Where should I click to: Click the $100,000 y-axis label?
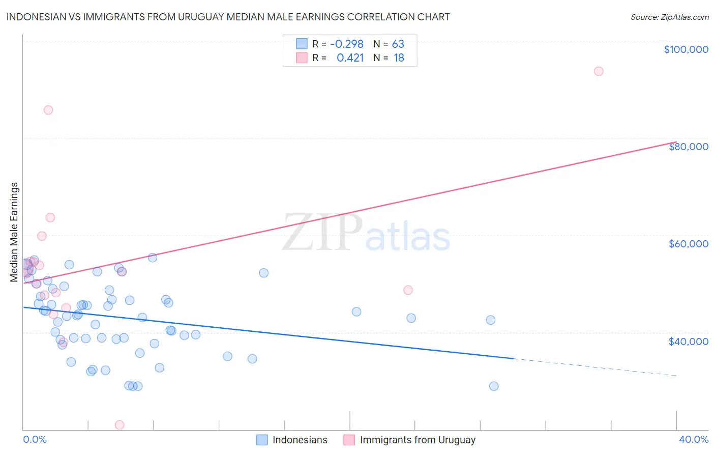click(686, 49)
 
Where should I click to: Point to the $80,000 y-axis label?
click(688, 147)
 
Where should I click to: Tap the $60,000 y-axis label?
click(688, 244)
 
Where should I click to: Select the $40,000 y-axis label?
click(688, 341)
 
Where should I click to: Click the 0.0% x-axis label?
click(35, 439)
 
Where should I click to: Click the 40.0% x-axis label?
click(693, 439)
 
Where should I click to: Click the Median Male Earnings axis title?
click(14, 232)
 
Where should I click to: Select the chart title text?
click(228, 17)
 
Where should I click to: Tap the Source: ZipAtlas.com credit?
click(669, 17)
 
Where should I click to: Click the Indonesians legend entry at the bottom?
click(300, 440)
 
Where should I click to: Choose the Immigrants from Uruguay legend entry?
click(417, 440)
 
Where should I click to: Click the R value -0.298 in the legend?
click(347, 44)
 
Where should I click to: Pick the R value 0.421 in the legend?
click(350, 58)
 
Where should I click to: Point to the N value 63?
click(398, 44)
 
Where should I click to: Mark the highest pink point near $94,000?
click(599, 71)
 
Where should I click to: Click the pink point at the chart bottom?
click(120, 425)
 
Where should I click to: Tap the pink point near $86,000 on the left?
click(48, 110)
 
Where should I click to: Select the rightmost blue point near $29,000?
click(494, 386)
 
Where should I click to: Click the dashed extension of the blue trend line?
click(595, 367)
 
